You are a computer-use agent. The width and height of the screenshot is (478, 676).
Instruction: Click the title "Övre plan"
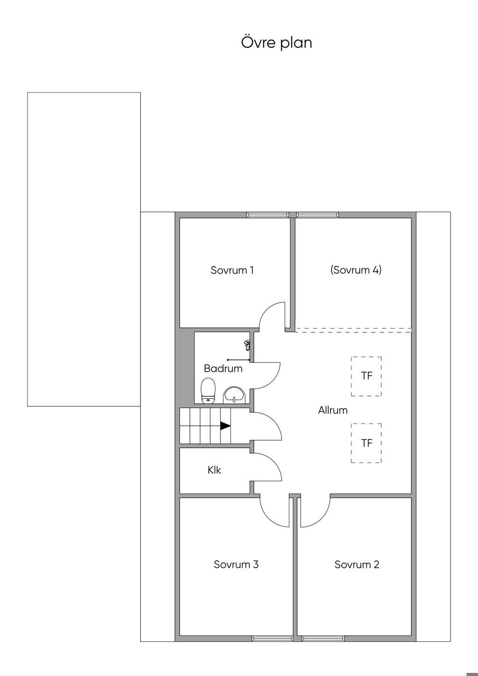[x=276, y=42]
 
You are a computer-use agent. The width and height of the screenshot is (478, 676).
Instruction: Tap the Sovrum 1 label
[x=232, y=270]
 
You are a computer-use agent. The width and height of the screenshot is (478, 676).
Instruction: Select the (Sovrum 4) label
[x=356, y=269]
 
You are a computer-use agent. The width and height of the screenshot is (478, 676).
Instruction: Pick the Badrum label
[x=223, y=368]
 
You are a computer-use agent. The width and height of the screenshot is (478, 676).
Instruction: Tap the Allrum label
[x=333, y=410]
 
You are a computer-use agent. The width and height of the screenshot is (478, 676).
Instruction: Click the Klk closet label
[x=214, y=470]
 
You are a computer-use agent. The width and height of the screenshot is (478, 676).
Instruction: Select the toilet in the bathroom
[x=208, y=391]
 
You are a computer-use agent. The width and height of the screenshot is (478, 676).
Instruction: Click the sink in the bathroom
[x=235, y=395]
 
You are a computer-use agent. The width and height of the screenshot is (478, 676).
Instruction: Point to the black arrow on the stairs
[x=225, y=426]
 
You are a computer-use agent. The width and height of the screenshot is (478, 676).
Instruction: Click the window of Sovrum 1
[x=266, y=215]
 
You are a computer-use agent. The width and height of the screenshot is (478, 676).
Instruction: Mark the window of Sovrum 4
[x=317, y=215]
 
